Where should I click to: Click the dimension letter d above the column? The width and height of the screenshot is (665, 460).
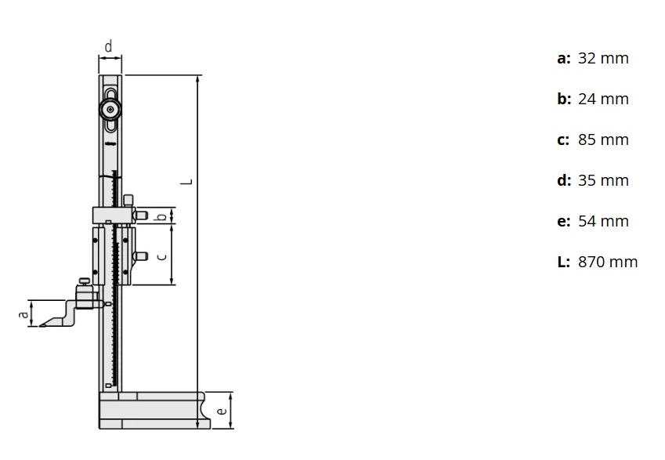click(x=109, y=47)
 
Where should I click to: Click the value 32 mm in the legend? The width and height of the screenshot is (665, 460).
click(x=603, y=59)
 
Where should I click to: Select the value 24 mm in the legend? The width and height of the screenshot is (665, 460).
click(x=603, y=100)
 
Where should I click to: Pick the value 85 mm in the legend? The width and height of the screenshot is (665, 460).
click(x=603, y=140)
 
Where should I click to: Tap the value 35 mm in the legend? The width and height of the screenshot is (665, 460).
click(x=603, y=181)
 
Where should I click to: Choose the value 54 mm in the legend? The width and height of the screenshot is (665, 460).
click(x=603, y=222)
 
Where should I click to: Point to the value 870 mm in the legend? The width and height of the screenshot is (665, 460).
click(x=608, y=263)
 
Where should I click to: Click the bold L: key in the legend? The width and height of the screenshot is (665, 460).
click(x=563, y=263)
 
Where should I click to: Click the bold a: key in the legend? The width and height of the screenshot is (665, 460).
click(x=563, y=59)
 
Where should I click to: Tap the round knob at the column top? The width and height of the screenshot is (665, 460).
click(x=110, y=108)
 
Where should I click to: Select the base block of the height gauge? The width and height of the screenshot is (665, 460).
click(x=154, y=411)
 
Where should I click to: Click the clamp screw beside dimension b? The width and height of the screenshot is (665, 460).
click(x=141, y=215)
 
